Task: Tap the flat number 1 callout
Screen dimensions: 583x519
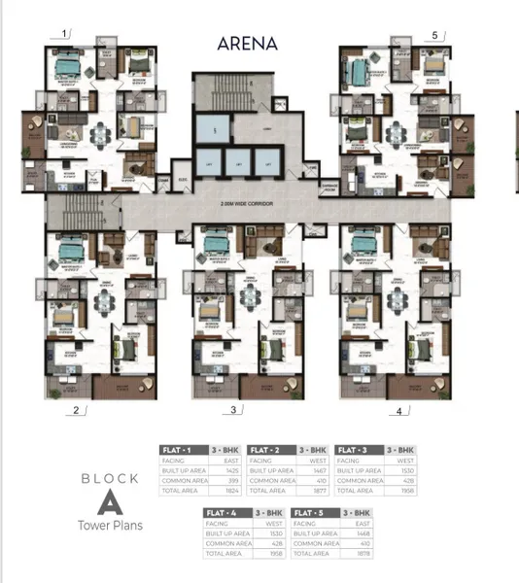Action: point(65,33)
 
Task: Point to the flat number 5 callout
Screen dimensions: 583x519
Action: point(434,35)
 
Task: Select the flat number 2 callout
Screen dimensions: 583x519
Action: point(75,410)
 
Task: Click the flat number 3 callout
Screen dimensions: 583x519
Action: point(233,410)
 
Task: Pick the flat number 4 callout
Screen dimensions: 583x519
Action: point(398,411)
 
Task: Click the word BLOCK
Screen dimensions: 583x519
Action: point(109,478)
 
